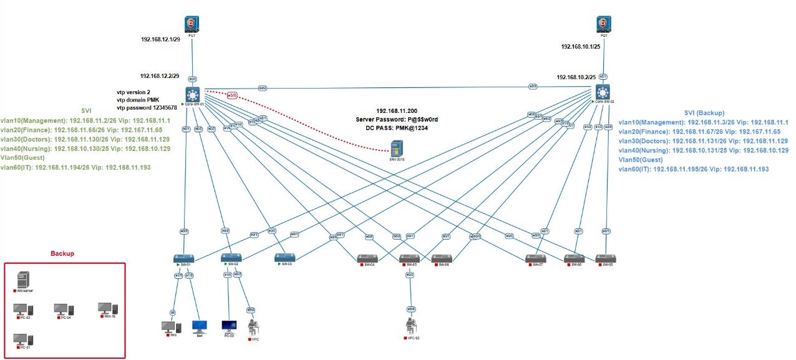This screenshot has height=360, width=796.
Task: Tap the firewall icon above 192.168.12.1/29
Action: click(x=192, y=24)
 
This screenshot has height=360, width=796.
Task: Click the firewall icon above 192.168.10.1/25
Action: click(x=603, y=24)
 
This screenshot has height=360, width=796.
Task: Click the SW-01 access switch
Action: click(x=183, y=258)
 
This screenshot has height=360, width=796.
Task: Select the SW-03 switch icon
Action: click(x=284, y=257)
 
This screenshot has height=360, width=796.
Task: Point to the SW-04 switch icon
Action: click(x=366, y=258)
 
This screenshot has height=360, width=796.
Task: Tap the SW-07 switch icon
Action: click(x=535, y=258)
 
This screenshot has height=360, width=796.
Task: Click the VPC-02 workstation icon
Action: click(x=410, y=326)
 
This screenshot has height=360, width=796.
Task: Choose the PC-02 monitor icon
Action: click(x=229, y=326)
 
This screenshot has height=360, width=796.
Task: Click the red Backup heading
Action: click(x=62, y=254)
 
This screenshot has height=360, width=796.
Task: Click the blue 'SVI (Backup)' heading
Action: click(x=704, y=113)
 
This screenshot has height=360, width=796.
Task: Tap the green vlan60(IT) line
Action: click(x=75, y=168)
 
